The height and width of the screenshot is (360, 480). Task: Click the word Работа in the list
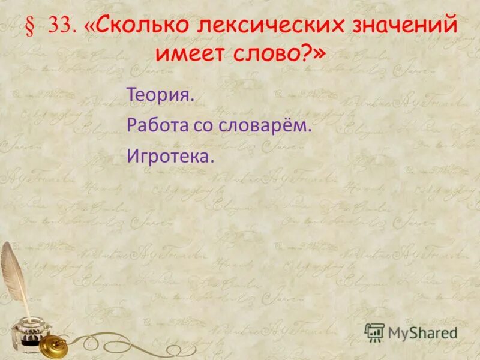159,126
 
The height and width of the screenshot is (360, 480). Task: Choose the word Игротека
170,157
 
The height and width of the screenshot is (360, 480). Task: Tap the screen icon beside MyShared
374,332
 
